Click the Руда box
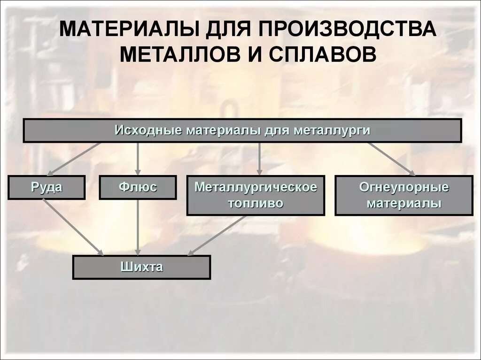pos(47,187)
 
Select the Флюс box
pos(138,187)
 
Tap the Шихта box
pos(141,268)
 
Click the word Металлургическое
pos(256,187)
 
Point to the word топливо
pos(256,203)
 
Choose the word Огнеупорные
pos(404,187)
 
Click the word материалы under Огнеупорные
pos(404,203)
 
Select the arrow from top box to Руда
pos(74,158)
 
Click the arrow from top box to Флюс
pos(138,159)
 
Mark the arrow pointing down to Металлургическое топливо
pos(260,159)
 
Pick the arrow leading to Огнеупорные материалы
pos(391,159)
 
